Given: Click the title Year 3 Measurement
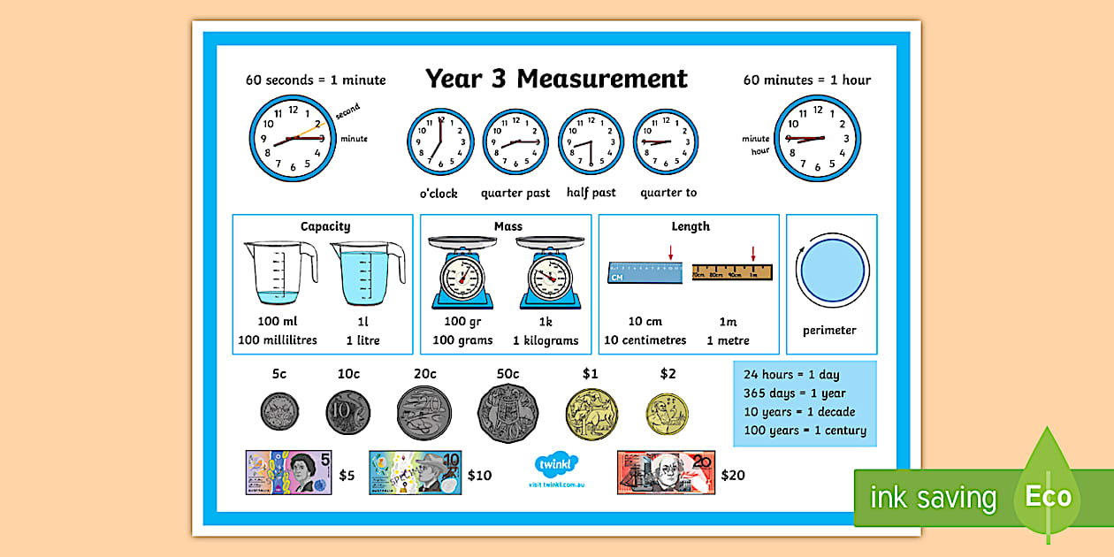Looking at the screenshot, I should [556, 79].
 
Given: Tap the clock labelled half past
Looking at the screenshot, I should [591, 142].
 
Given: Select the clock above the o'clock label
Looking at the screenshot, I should [440, 142].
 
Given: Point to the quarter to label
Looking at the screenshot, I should [668, 193].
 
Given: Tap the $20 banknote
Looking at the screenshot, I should [666, 472].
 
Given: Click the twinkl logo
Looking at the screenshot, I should [556, 465].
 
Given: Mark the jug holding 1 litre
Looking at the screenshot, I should [366, 273].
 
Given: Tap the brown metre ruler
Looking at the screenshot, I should [732, 272].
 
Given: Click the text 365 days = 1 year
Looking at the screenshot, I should [794, 393].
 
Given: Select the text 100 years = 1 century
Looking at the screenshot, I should [805, 431].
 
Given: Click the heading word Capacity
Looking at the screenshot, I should [325, 226].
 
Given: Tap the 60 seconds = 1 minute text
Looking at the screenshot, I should [316, 80].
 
